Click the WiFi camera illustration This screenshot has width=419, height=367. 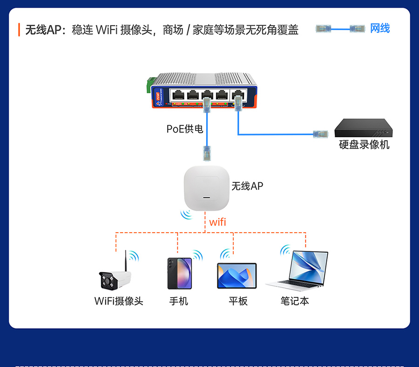[114, 279]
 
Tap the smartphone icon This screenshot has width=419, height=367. [179, 273]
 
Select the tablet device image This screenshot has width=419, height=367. [237, 276]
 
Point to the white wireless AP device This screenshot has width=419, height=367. [207, 188]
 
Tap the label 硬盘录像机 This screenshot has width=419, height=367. [364, 145]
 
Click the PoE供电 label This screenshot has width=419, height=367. [185, 129]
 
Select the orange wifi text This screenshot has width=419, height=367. [217, 222]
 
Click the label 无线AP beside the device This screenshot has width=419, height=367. [248, 186]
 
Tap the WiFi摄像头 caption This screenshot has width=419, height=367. [119, 301]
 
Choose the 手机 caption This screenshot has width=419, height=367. [179, 301]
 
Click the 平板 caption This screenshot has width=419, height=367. [238, 301]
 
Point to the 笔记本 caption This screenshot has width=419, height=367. [295, 301]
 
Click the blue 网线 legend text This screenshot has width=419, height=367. [380, 28]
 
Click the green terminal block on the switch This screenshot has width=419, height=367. [150, 83]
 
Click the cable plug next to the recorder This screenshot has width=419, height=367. [320, 134]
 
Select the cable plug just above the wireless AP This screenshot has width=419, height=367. [207, 152]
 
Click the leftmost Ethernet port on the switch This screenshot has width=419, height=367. [178, 95]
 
